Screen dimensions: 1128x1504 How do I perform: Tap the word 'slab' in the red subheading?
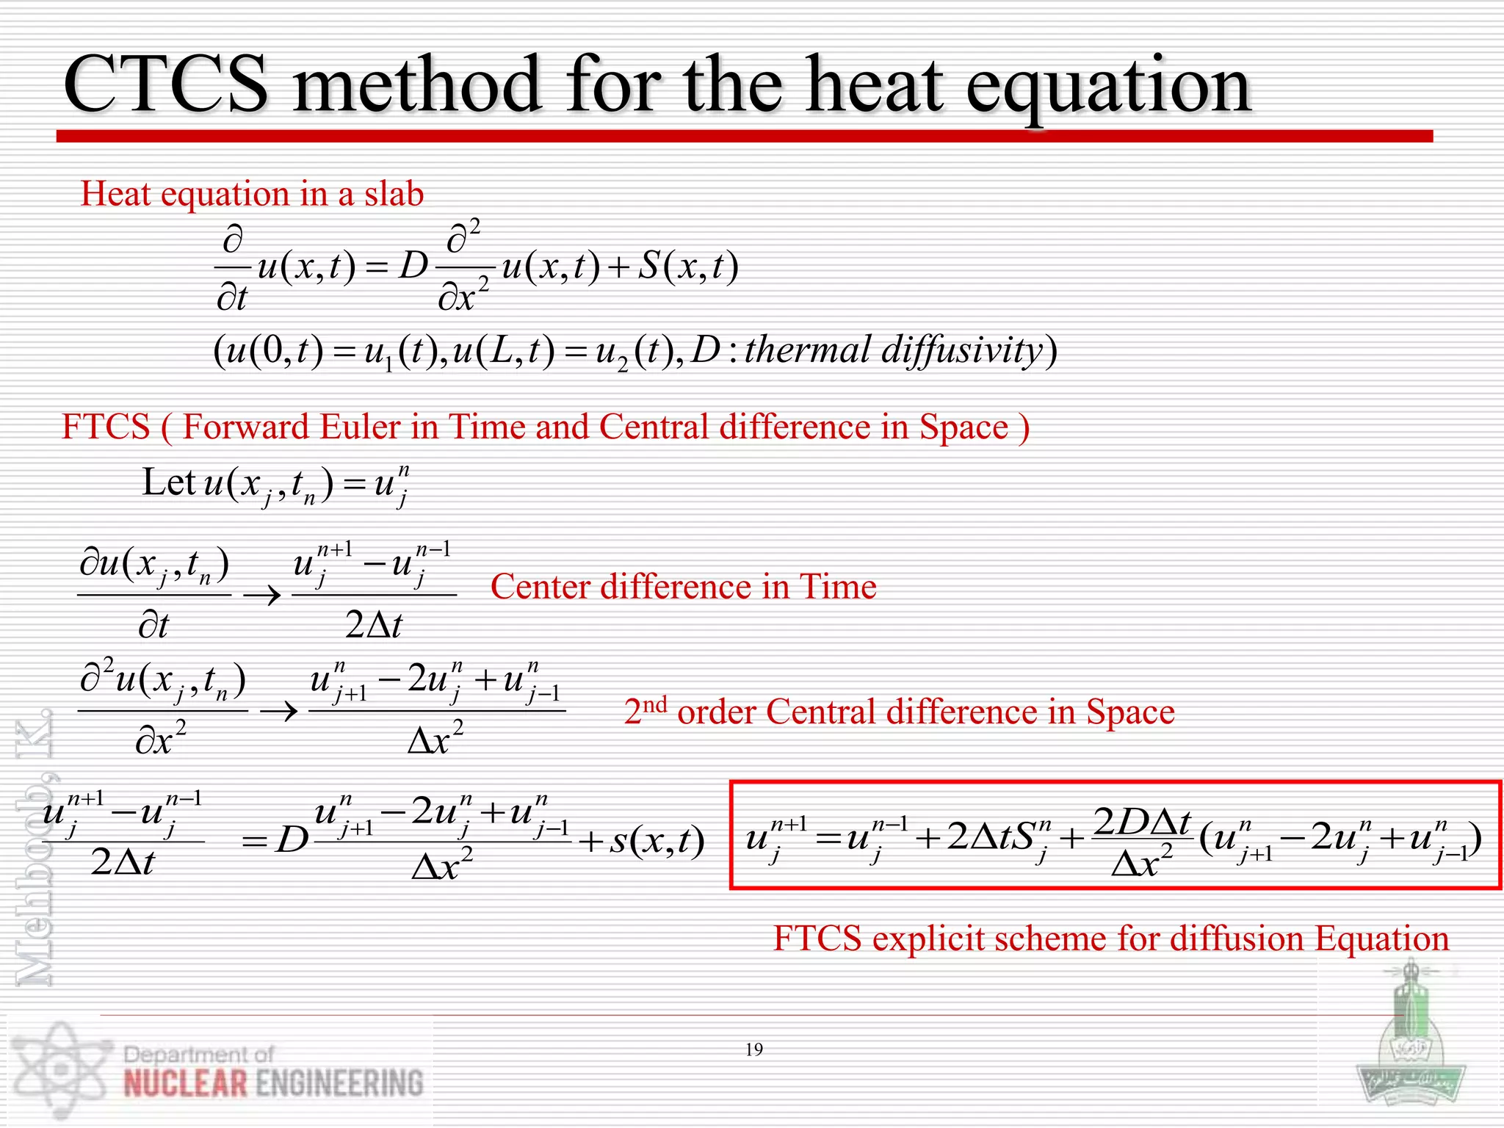394,194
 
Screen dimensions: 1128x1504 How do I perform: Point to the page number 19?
753,1049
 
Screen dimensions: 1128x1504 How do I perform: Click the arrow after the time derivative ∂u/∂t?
262,594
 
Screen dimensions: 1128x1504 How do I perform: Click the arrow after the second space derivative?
279,710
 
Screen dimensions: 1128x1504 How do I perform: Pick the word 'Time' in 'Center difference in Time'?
838,587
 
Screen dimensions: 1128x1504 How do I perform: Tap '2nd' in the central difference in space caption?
645,710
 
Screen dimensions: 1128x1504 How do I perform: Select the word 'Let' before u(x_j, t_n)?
168,482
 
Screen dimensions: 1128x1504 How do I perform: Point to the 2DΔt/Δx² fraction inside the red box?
1141,841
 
